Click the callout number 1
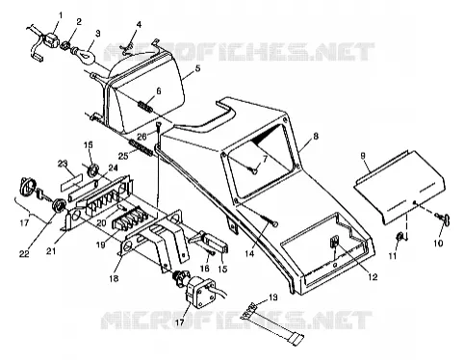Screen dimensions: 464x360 61,15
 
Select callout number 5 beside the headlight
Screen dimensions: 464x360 197,68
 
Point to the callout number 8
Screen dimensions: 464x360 316,137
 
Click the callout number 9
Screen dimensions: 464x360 363,156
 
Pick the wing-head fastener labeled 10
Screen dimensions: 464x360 443,219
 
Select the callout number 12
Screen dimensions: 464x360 373,276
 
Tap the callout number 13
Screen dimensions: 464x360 272,297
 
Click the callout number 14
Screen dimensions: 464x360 249,254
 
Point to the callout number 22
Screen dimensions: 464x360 24,254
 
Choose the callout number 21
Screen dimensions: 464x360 51,250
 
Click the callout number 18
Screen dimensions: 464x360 114,278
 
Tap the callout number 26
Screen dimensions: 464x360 142,137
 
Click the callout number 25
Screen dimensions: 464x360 123,156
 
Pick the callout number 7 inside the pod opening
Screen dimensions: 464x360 265,159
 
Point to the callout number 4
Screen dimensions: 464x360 139,25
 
